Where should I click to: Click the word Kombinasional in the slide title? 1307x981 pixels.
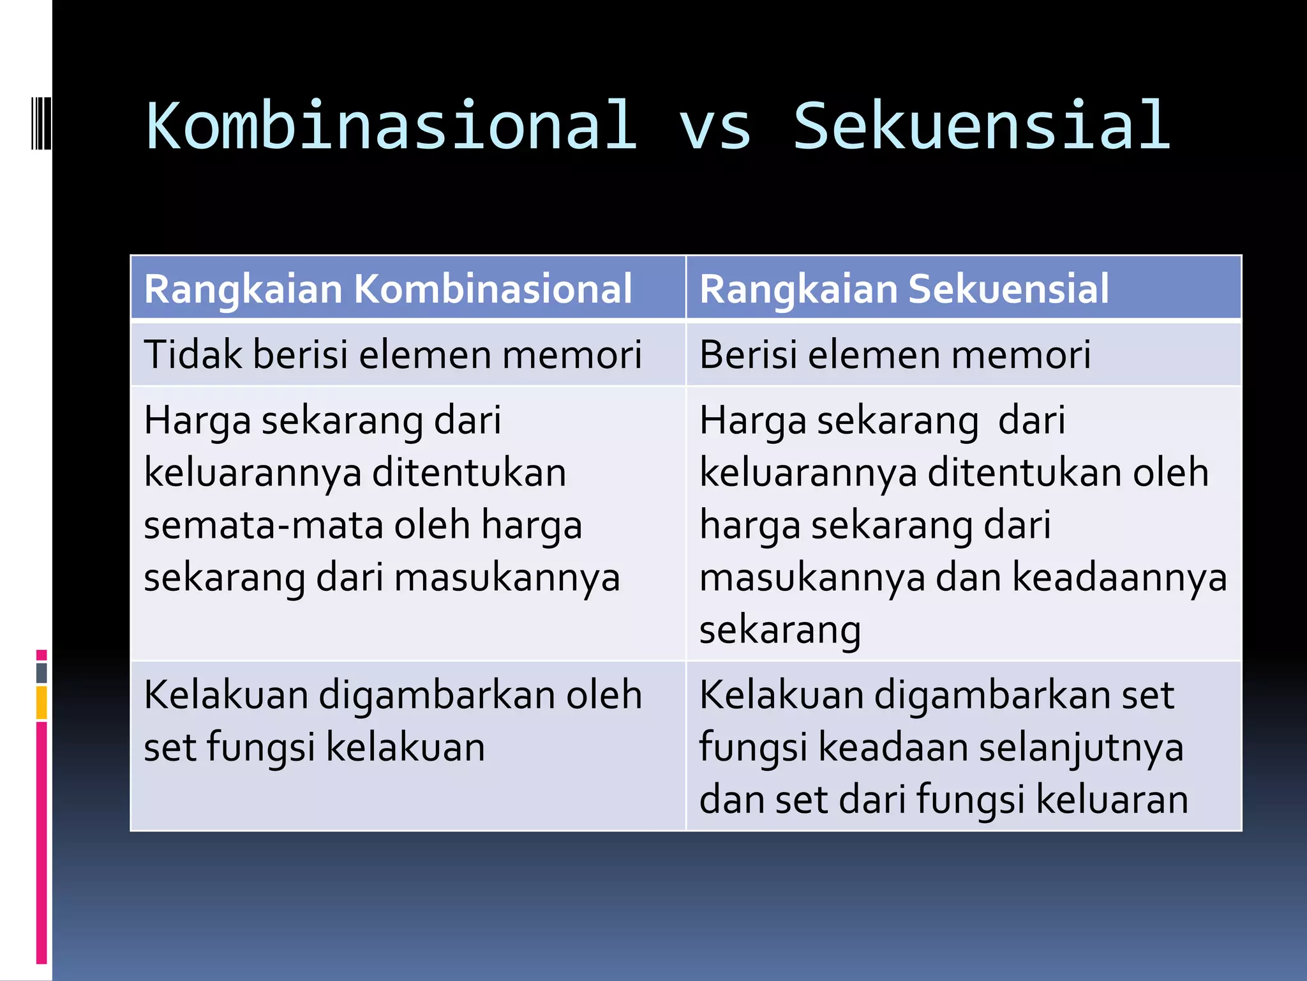click(392, 126)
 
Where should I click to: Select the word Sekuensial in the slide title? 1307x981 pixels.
click(982, 126)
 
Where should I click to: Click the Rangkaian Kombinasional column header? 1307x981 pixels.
click(388, 289)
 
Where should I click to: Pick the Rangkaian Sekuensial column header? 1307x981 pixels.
click(904, 289)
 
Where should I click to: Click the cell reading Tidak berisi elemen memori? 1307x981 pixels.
click(392, 354)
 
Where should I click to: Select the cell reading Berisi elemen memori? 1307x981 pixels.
click(895, 354)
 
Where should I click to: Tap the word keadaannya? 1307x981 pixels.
click(1120, 578)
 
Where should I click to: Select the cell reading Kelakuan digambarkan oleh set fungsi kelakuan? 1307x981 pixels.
click(392, 721)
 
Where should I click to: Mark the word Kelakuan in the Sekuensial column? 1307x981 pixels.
click(781, 695)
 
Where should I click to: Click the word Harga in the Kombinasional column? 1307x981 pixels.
click(197, 422)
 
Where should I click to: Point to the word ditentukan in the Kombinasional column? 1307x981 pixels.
click(469, 473)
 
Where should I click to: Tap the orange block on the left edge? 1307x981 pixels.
click(41, 703)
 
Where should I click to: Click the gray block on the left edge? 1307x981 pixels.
click(41, 673)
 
